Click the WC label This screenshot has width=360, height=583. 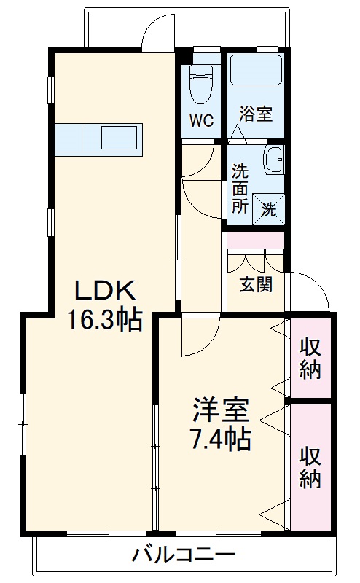[202, 121]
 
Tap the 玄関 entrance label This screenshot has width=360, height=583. [256, 283]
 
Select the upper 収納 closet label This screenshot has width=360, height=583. [310, 358]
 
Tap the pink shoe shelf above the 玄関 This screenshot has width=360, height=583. [255, 240]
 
